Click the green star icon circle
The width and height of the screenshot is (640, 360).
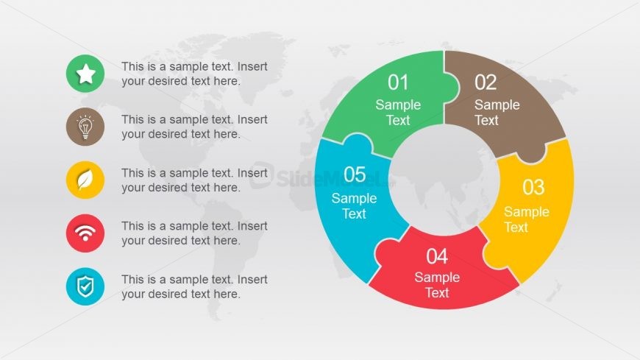click(85, 74)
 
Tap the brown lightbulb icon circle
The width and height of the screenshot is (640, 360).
click(85, 127)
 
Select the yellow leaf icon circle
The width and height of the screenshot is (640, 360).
click(85, 180)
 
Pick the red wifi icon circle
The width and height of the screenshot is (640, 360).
click(85, 233)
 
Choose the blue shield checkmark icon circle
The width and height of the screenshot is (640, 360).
click(85, 286)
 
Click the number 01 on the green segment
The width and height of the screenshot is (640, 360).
click(398, 82)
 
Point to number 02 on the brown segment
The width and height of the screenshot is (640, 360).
click(486, 82)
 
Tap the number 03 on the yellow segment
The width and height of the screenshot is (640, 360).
click(533, 187)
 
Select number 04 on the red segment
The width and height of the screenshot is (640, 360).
click(437, 256)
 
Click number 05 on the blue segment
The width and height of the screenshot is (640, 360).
click(355, 174)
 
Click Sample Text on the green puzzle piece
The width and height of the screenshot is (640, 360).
click(398, 112)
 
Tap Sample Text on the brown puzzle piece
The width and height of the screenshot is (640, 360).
click(497, 112)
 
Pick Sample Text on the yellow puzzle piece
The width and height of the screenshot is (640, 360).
click(526, 219)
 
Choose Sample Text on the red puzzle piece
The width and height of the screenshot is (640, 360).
click(437, 285)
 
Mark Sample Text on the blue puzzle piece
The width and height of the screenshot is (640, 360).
click(354, 206)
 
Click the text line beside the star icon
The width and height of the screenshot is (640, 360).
click(194, 74)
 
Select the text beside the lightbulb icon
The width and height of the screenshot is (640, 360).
click(194, 127)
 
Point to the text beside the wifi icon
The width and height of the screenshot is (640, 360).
click(194, 233)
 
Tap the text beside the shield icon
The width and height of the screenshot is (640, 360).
click(194, 286)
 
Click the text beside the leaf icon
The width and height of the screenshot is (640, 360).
click(194, 180)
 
